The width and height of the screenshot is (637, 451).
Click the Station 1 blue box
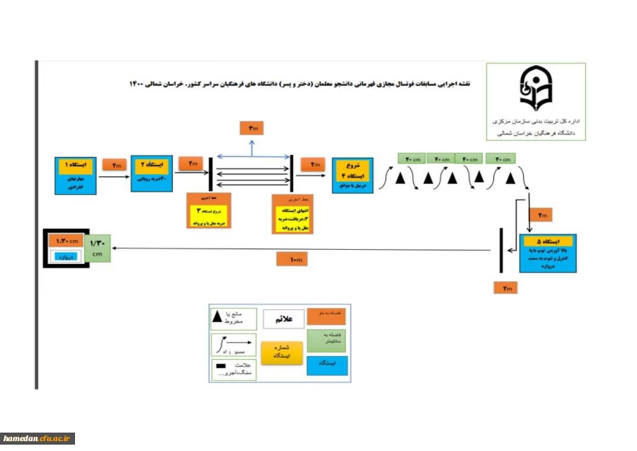coord(76,176)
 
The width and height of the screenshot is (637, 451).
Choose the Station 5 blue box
coord(547,253)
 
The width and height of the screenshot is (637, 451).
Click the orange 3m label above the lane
coord(252,128)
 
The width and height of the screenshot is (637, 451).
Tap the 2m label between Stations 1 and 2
coord(114,164)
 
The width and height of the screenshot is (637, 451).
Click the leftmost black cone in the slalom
coord(401,178)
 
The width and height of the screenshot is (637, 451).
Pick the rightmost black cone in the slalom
coord(510,178)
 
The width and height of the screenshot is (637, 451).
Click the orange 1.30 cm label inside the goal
coord(67,241)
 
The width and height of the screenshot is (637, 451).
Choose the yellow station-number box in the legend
coord(282,352)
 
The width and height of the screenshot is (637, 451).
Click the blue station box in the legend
coord(327,365)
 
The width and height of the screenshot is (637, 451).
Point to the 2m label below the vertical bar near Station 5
coord(506,287)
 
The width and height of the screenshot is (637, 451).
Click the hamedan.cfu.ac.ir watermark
coord(38,439)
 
